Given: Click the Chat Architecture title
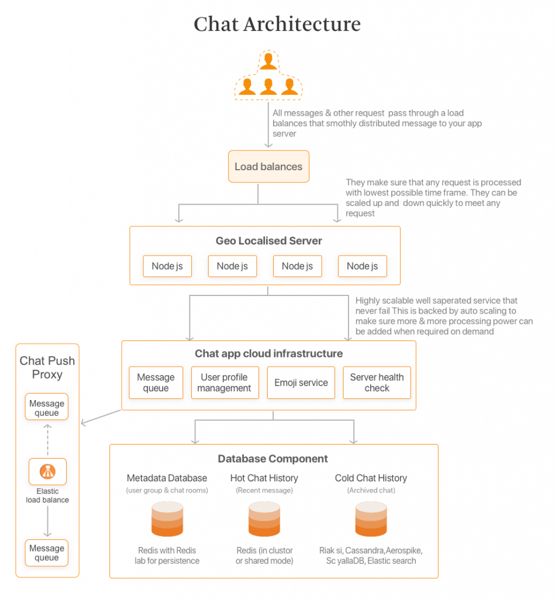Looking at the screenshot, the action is pyautogui.click(x=277, y=24).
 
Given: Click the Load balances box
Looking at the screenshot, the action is pyautogui.click(x=268, y=166).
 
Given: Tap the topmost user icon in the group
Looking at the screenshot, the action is pyautogui.click(x=268, y=61).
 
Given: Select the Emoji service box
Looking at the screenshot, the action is pyautogui.click(x=301, y=383).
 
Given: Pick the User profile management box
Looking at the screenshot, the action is pyautogui.click(x=225, y=383).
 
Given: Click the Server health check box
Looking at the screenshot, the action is pyautogui.click(x=377, y=383).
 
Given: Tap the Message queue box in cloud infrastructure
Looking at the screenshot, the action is pyautogui.click(x=156, y=383).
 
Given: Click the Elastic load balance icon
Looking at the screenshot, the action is pyautogui.click(x=48, y=471).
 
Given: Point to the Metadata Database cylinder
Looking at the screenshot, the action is pyautogui.click(x=167, y=519).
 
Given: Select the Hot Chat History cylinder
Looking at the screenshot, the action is pyautogui.click(x=264, y=519).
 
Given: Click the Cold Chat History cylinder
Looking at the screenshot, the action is pyautogui.click(x=371, y=519).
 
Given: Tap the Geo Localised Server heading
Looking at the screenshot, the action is pyautogui.click(x=269, y=240).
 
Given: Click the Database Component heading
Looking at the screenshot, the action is pyautogui.click(x=273, y=459).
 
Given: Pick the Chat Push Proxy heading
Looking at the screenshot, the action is pyautogui.click(x=47, y=367).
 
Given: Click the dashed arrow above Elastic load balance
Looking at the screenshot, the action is pyautogui.click(x=47, y=439).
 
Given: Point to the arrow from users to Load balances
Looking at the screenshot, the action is pyautogui.click(x=268, y=125).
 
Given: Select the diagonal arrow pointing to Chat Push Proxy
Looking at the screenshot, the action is pyautogui.click(x=101, y=417).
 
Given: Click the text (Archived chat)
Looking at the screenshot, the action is pyautogui.click(x=371, y=490).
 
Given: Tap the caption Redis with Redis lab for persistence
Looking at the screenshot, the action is pyautogui.click(x=167, y=556).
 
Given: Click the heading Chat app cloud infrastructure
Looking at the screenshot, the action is pyautogui.click(x=269, y=353).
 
